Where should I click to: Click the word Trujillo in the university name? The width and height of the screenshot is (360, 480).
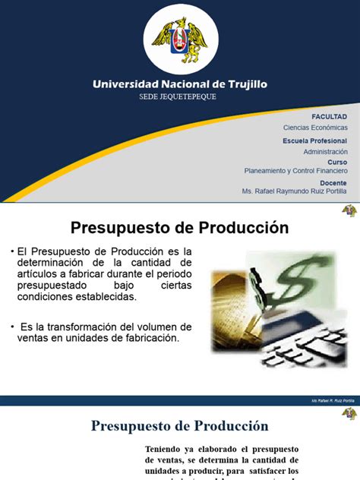tap(242, 84)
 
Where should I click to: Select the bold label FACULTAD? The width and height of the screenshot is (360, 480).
tap(330, 116)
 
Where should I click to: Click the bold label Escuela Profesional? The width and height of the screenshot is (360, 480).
tap(314, 141)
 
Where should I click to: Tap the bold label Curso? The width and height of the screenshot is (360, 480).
tap(337, 162)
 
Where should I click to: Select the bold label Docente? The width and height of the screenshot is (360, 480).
tap(333, 183)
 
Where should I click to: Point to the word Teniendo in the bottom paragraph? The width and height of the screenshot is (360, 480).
tap(166, 450)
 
